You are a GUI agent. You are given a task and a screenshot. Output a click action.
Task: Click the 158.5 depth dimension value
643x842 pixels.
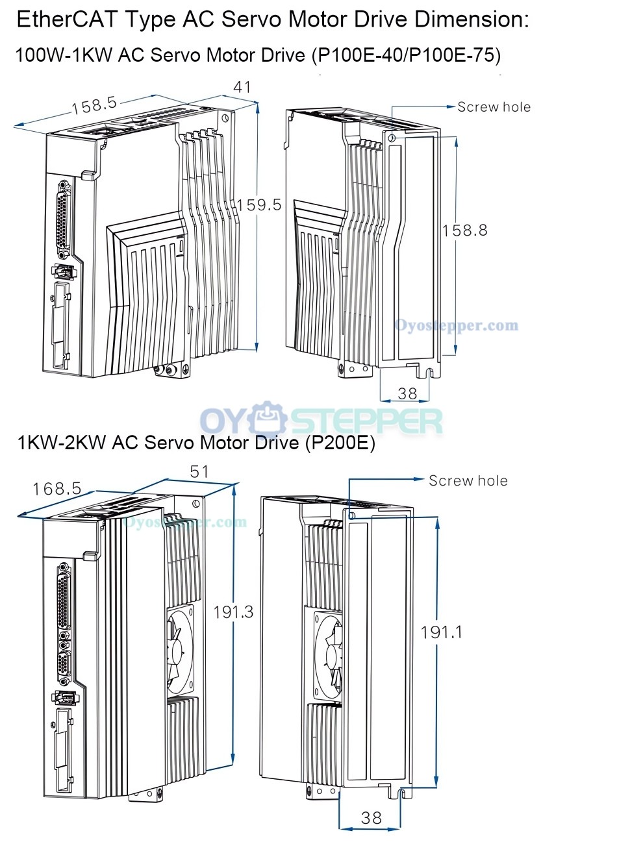94,105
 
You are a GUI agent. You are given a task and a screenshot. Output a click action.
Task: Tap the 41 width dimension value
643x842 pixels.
242,87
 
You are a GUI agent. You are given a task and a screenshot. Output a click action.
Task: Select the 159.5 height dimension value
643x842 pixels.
259,205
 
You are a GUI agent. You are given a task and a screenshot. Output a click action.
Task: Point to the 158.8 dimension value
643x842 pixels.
464,230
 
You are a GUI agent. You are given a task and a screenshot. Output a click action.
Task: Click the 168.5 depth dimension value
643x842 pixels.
57,489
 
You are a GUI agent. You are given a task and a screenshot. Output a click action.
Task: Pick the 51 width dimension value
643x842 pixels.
199,471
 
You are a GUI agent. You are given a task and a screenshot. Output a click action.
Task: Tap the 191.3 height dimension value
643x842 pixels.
233,612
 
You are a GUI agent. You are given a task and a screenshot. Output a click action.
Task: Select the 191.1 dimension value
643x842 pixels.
441,632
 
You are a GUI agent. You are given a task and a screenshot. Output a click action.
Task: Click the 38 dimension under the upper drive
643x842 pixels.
407,393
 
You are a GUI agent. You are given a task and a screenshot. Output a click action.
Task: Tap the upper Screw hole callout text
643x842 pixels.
494,107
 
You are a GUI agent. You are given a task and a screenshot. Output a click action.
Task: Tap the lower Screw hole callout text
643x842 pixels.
468,480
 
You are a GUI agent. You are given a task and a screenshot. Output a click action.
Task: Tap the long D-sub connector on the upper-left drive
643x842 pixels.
64,219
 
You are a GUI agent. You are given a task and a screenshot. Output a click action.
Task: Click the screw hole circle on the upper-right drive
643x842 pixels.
392,138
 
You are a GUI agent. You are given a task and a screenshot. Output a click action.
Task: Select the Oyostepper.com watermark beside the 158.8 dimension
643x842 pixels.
456,326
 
